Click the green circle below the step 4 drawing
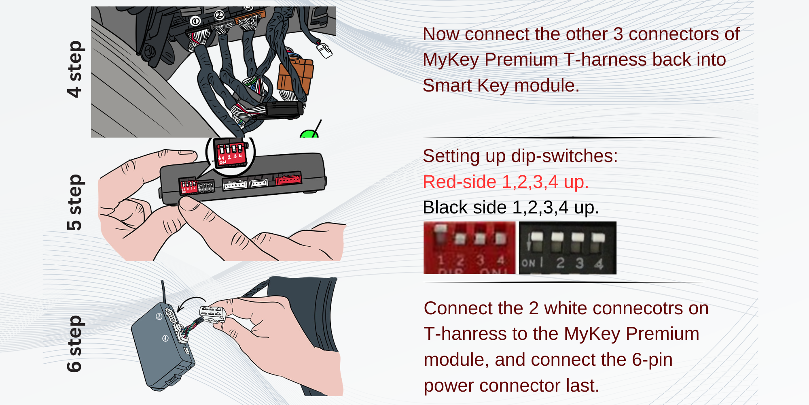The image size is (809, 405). (x=309, y=134)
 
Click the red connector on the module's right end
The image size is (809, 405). (x=288, y=179)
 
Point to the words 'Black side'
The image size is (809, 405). (x=464, y=207)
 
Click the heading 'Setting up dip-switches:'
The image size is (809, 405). (x=520, y=156)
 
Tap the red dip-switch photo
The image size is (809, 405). (x=469, y=247)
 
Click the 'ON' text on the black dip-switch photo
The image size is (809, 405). (x=528, y=263)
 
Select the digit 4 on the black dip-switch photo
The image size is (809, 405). (x=599, y=264)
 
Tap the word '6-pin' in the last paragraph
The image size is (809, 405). (x=652, y=360)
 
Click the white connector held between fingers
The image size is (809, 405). (x=212, y=314)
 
